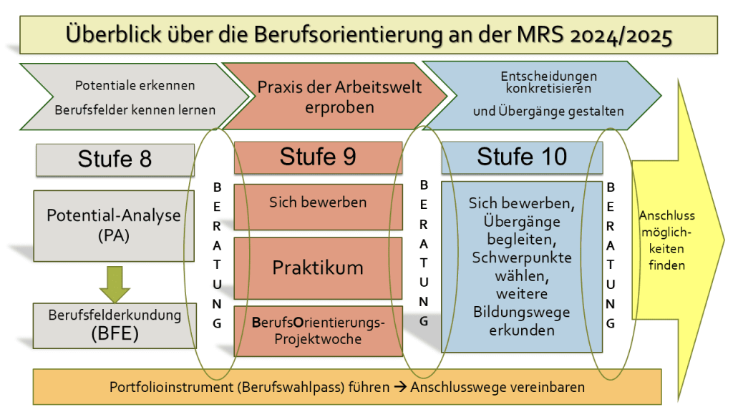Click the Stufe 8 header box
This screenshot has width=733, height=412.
(x=115, y=160)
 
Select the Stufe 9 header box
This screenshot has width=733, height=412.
(x=318, y=157)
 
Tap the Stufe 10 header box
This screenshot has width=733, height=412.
(x=522, y=157)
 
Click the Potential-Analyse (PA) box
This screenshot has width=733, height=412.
(x=114, y=225)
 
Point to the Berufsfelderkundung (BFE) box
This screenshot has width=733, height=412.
(x=115, y=325)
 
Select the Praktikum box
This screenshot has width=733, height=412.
(x=318, y=268)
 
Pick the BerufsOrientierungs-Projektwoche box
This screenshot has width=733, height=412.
(x=318, y=331)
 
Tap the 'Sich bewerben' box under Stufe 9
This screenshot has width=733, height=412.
(x=318, y=207)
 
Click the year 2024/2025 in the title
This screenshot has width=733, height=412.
(x=621, y=36)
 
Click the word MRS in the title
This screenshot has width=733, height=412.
(x=540, y=34)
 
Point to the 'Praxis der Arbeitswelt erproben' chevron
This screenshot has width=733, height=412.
(x=335, y=97)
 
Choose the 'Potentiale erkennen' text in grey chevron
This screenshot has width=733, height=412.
(x=135, y=86)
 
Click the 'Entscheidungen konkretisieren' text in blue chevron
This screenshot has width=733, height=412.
(x=549, y=82)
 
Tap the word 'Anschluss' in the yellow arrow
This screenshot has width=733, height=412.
(x=667, y=216)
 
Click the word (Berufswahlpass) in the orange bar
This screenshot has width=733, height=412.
(x=314, y=387)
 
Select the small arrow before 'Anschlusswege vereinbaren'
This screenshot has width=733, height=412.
(x=400, y=387)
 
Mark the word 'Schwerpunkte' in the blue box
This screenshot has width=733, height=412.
(x=522, y=257)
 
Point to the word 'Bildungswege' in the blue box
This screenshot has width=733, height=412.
(x=522, y=312)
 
